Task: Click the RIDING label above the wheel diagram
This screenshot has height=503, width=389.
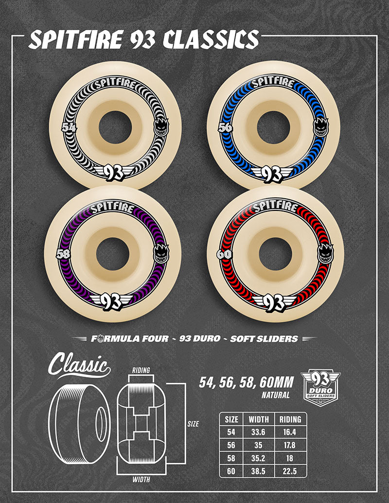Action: [141, 370]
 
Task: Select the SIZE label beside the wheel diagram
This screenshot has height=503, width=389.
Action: [193, 424]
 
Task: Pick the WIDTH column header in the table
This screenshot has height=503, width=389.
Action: [258, 419]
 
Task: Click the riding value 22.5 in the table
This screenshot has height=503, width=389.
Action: [290, 470]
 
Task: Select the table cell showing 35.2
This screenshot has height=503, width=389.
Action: [258, 458]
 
